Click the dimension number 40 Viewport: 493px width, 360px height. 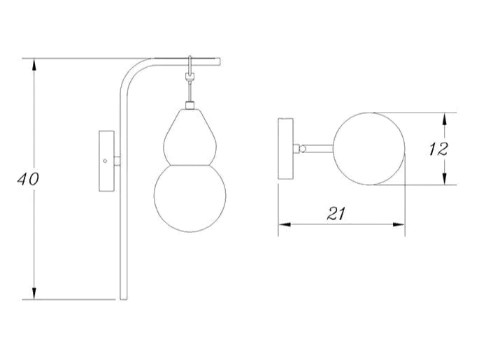[x=29, y=179]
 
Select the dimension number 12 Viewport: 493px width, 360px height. [x=437, y=149]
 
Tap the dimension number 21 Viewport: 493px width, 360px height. [x=337, y=215]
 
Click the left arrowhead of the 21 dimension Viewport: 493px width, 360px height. [x=284, y=224]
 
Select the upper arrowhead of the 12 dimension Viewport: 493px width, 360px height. [x=445, y=118]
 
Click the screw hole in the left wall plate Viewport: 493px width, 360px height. [x=106, y=161]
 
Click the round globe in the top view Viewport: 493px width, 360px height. [x=369, y=149]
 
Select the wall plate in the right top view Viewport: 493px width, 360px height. [x=286, y=149]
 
